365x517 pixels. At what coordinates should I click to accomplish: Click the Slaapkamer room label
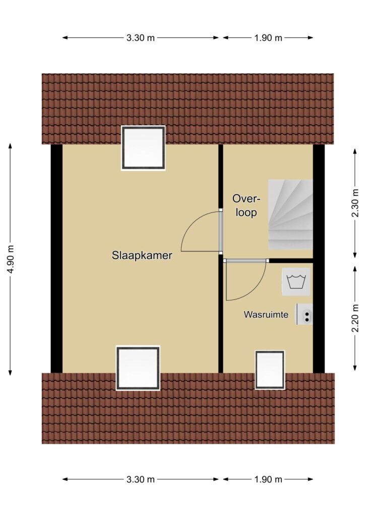pos(142,255)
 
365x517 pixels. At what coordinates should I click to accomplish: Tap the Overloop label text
pos(246,206)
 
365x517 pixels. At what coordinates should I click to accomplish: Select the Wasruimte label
pos(266,315)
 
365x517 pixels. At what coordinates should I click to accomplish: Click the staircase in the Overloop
pos(290,215)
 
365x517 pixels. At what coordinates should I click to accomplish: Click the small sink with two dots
pos(305,314)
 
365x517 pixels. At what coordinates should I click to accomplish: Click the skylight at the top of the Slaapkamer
pos(143,148)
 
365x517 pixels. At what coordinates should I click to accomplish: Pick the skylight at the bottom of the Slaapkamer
pos(138,368)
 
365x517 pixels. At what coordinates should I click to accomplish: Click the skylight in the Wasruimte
pos(270,370)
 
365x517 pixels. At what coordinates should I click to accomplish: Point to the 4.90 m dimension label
pos(10,259)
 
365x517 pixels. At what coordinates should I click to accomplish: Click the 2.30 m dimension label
pos(355,203)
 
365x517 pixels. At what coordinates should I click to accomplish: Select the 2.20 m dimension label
pos(355,319)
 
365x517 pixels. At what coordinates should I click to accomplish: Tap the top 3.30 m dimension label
pos(141,38)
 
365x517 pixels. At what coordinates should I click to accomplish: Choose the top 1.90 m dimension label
pos(268,38)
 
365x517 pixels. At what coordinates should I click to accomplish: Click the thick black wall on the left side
pos(56,258)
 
